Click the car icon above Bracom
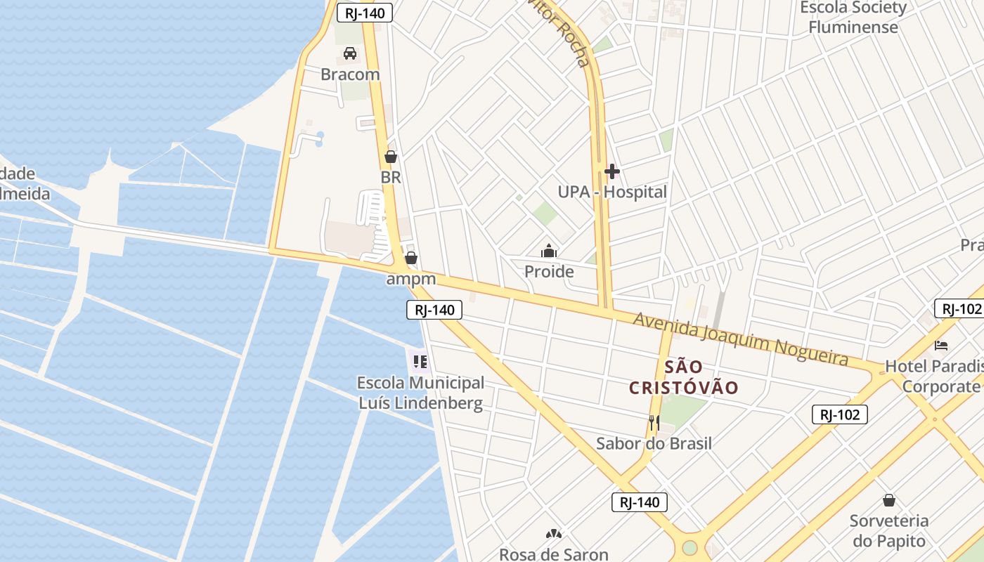click(x=350, y=53)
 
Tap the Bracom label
click(x=350, y=74)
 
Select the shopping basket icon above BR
click(x=391, y=157)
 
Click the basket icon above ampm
click(x=411, y=259)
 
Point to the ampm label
click(x=411, y=279)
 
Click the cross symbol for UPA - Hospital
click(x=611, y=171)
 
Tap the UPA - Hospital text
click(x=611, y=192)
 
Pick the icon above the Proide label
click(x=549, y=251)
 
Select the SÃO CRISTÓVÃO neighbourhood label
click(x=683, y=377)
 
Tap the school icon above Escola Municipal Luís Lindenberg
click(x=420, y=362)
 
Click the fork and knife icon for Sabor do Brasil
click(x=654, y=422)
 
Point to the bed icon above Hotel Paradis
click(x=941, y=345)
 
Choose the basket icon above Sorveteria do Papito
click(x=889, y=500)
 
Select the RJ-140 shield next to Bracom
click(x=364, y=12)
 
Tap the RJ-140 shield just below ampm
click(x=434, y=310)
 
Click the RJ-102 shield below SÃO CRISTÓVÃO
click(x=839, y=414)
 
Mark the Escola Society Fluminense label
click(x=853, y=18)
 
